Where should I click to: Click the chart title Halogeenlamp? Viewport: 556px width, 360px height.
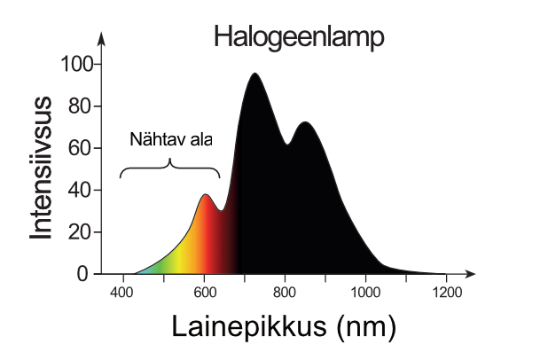coord(298,37)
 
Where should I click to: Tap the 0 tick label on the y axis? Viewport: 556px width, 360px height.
coord(83,273)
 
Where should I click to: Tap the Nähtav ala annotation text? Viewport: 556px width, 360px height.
coord(170,140)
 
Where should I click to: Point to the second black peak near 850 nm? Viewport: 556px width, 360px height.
coord(305,123)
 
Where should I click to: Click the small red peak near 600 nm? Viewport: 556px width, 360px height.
coord(205,196)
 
